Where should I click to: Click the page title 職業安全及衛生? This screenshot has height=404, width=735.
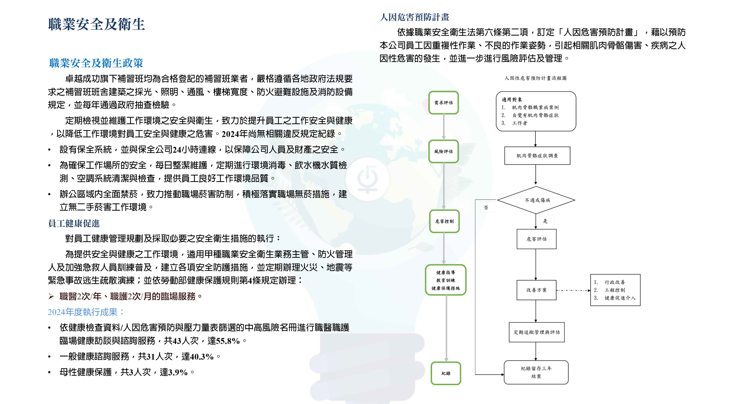pos(96,24)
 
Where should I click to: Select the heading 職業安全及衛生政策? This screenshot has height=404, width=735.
pos(96,63)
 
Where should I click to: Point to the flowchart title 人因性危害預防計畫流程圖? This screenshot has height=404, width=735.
pos(535,78)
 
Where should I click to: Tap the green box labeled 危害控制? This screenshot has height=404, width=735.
pos(444,221)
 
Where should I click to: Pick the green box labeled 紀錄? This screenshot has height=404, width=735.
pos(446,373)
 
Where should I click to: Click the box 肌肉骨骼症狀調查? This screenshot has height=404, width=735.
pos(537,156)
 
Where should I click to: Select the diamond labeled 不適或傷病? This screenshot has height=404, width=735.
pos(536,200)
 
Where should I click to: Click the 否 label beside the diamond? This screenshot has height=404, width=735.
pos(486,208)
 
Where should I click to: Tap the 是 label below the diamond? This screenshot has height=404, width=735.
pos(545,221)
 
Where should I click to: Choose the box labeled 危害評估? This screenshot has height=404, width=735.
pos(536,239)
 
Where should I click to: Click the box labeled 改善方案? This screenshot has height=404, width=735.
pos(536,290)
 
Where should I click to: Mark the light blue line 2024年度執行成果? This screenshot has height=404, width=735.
pos(86,312)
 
